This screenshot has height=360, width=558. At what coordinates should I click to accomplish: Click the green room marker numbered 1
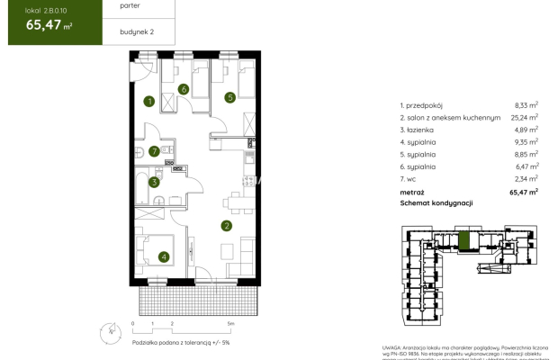tap(150, 101)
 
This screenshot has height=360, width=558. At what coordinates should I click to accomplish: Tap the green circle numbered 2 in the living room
tap(227, 226)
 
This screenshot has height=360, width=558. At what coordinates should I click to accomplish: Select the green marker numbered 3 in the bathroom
tap(154, 182)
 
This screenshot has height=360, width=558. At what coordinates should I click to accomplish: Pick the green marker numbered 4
tap(163, 256)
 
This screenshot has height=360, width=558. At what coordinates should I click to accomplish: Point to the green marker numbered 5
tap(230, 96)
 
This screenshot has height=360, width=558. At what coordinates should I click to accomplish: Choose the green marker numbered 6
tap(183, 88)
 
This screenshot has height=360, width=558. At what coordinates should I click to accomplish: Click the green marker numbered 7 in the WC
tap(155, 151)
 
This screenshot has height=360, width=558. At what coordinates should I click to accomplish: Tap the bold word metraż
tap(412, 192)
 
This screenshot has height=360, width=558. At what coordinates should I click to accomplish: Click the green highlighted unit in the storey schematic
tap(464, 241)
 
